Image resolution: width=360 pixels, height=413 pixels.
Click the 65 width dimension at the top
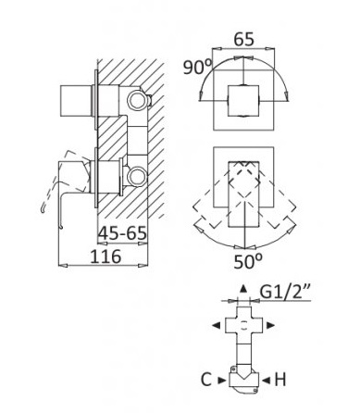[243, 40]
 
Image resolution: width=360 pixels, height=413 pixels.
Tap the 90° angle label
[198, 67]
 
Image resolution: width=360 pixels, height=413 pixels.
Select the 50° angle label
[248, 261]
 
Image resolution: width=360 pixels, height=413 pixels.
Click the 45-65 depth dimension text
[122, 233]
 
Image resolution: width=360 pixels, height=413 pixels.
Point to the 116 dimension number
[106, 257]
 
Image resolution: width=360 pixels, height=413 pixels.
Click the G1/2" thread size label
[285, 292]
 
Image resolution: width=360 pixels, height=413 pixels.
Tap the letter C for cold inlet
[206, 380]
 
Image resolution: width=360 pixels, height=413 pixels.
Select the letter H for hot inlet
[280, 380]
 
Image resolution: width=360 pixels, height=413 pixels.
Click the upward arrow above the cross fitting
[243, 289]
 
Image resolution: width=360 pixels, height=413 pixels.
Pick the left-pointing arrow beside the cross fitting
[216, 325]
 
